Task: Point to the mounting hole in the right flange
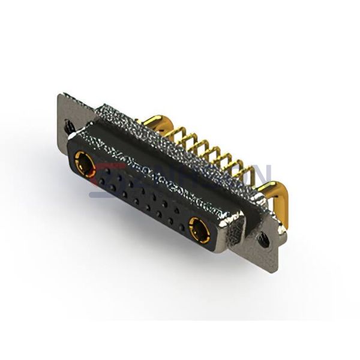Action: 264,238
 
